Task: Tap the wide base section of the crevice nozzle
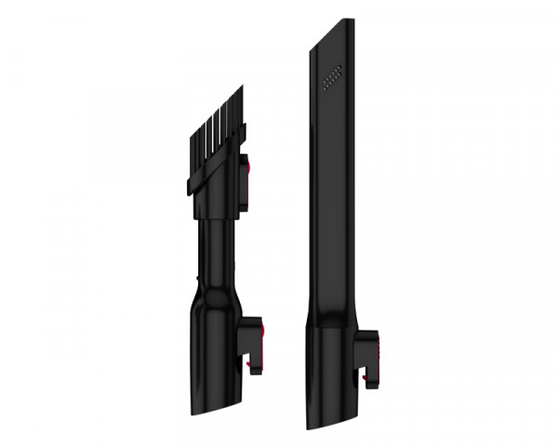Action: [x=330, y=372]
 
